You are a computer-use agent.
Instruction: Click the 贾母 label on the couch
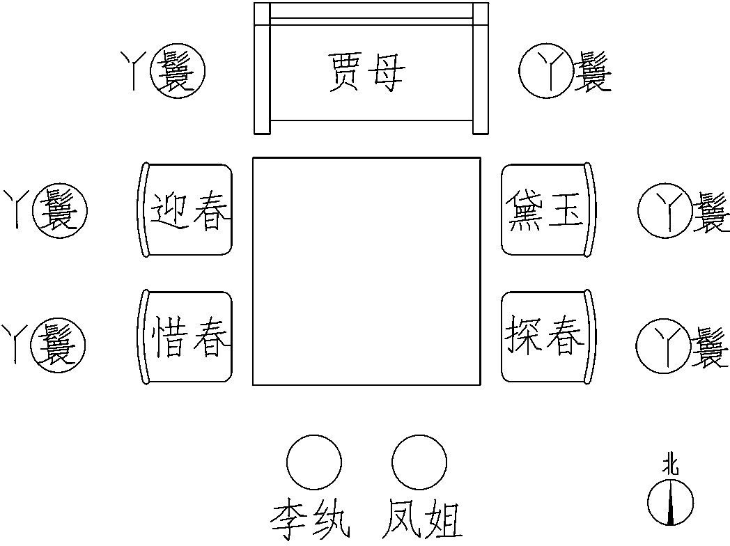(x=365, y=71)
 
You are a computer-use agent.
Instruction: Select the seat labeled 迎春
(x=185, y=210)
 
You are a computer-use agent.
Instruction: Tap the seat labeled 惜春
(x=185, y=337)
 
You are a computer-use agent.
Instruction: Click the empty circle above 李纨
(x=314, y=462)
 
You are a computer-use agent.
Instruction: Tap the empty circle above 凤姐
(x=419, y=462)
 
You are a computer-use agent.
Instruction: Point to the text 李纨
(x=310, y=519)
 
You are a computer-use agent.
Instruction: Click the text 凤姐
(x=422, y=519)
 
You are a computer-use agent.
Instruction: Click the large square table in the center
(x=366, y=271)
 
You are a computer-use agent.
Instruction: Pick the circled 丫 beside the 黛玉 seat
(x=664, y=211)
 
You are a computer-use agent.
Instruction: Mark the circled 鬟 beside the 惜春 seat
(x=59, y=343)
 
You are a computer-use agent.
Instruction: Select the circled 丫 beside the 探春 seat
(x=662, y=343)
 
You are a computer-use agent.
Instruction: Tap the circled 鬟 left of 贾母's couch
(x=179, y=70)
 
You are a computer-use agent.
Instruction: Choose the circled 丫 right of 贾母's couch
(x=545, y=70)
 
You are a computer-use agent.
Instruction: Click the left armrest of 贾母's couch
(x=262, y=68)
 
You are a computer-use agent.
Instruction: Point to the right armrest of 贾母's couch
(x=481, y=68)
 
